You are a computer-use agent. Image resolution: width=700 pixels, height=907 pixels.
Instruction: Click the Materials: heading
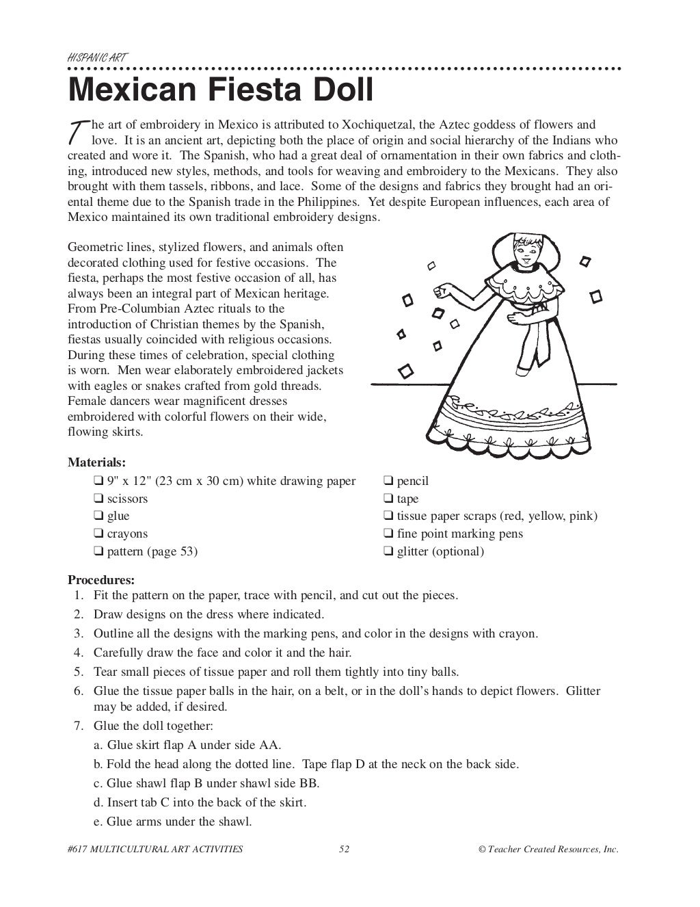point(96,462)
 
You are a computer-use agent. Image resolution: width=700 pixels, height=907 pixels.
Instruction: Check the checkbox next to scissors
point(98,499)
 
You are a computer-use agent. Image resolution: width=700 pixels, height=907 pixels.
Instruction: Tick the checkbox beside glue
point(98,516)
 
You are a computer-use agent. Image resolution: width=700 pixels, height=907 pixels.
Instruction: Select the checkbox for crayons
point(98,534)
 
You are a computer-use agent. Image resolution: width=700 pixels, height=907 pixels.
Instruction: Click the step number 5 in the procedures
point(79,672)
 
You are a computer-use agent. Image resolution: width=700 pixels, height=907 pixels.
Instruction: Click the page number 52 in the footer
point(345,850)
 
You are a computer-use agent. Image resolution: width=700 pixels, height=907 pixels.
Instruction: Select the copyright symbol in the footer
point(482,850)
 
